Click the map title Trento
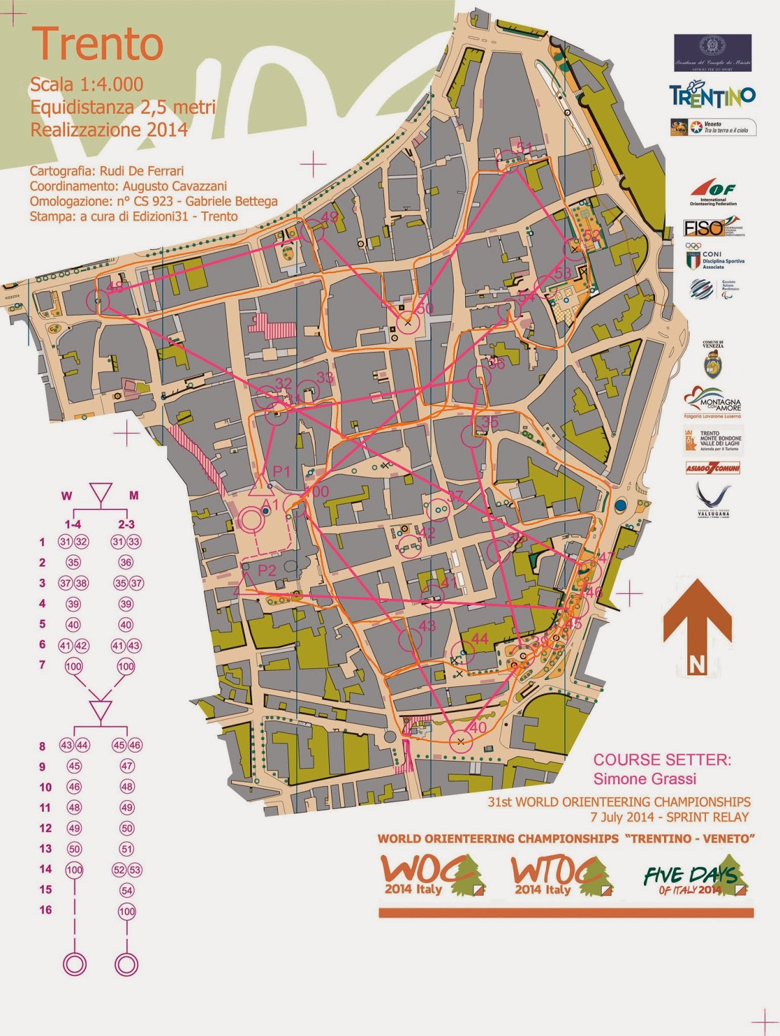pos(97,43)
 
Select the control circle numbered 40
pos(461,741)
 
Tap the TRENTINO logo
pos(713,96)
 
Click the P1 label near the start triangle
pos(281,471)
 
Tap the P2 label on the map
pos(267,570)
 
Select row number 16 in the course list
pos(45,910)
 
